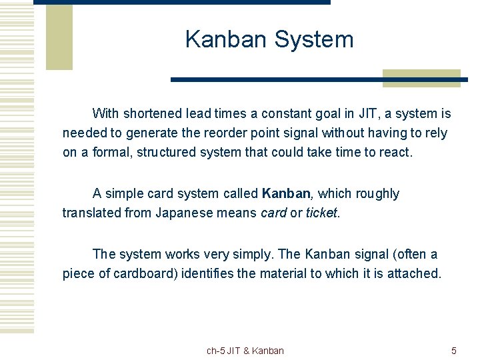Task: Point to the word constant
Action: (x=284, y=113)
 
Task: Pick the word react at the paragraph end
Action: (x=396, y=153)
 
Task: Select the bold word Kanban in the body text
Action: (x=286, y=194)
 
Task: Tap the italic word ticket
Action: (x=321, y=213)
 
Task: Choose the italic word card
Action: (x=273, y=213)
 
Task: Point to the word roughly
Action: (x=377, y=194)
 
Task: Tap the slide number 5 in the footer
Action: (x=454, y=351)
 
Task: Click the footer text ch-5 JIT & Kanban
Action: (x=245, y=351)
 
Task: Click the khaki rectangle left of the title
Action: (x=59, y=37)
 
